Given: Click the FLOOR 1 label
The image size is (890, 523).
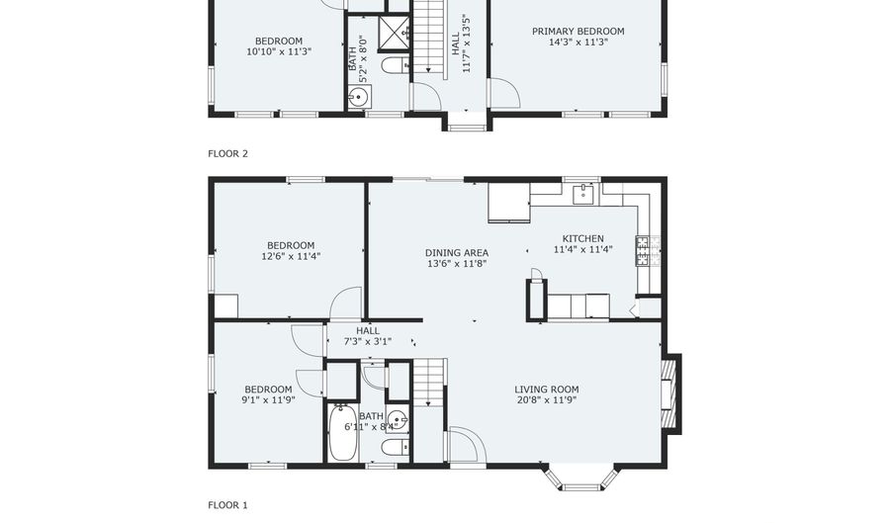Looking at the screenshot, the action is [x=227, y=505].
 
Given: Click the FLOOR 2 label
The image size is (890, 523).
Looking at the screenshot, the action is [x=227, y=153].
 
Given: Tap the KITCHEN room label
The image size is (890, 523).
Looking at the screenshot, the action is [x=582, y=239].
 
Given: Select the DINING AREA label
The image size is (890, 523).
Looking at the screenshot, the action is [x=457, y=253].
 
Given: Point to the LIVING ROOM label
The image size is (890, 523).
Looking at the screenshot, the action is [x=547, y=390].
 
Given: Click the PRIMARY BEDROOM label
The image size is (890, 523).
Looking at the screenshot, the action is [x=578, y=32].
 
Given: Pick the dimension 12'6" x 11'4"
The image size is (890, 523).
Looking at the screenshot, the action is [x=291, y=256].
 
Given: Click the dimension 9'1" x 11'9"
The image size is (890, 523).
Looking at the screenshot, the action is [x=268, y=400].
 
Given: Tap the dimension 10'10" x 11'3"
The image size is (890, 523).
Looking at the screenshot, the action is [x=279, y=51].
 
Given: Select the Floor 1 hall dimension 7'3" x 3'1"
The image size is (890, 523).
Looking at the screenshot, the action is [x=368, y=341].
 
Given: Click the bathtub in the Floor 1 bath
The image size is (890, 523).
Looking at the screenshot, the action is [x=343, y=432].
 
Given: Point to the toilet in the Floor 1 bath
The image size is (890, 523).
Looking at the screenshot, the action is [x=395, y=448].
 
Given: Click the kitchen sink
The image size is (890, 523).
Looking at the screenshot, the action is [x=582, y=194].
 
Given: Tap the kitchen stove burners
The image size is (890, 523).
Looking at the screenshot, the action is [x=643, y=251].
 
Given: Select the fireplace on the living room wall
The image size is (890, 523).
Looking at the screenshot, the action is [x=671, y=394].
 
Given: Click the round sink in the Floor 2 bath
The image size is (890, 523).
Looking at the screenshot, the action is [x=359, y=97].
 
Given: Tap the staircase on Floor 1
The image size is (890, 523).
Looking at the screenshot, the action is [x=428, y=383].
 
